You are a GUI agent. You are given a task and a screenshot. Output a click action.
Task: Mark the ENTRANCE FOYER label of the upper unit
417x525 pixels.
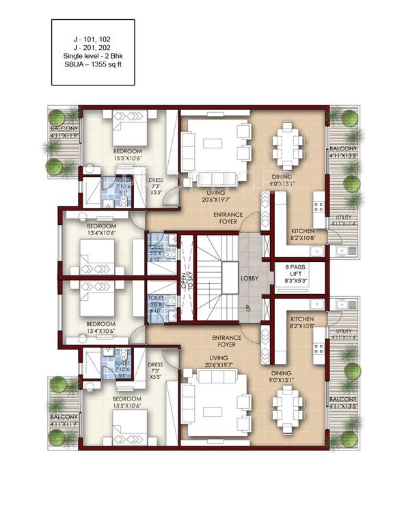(x=224, y=217)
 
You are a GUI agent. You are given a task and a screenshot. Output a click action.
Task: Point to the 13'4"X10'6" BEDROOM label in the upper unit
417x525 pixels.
(x=102, y=229)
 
